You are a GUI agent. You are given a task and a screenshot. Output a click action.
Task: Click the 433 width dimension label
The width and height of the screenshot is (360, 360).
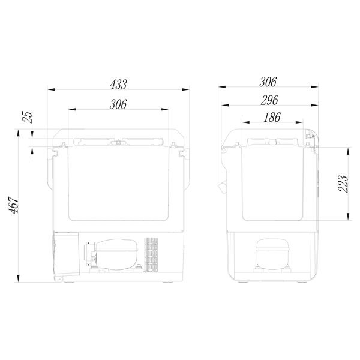[x=118, y=85]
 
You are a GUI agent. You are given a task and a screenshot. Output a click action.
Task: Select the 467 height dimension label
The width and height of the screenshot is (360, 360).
[x=14, y=205]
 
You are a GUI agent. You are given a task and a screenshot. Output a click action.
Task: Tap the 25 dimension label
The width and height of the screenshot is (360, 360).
[x=28, y=117]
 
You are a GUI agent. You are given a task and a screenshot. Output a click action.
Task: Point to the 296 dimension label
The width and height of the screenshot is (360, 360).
[x=269, y=100]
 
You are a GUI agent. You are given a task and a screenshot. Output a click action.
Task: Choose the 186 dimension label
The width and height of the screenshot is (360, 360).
[x=272, y=118]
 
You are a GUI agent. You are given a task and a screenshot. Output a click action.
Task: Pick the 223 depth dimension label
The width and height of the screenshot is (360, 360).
[x=343, y=184]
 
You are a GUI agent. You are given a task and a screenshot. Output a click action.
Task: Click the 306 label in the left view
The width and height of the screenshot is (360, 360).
[x=118, y=104]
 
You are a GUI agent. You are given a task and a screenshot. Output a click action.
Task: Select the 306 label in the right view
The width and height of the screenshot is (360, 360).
[x=268, y=82]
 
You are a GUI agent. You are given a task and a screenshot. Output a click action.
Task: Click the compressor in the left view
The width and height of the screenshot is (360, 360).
[x=112, y=255]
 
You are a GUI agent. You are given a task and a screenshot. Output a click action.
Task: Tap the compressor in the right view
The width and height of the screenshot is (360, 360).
[x=272, y=256]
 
